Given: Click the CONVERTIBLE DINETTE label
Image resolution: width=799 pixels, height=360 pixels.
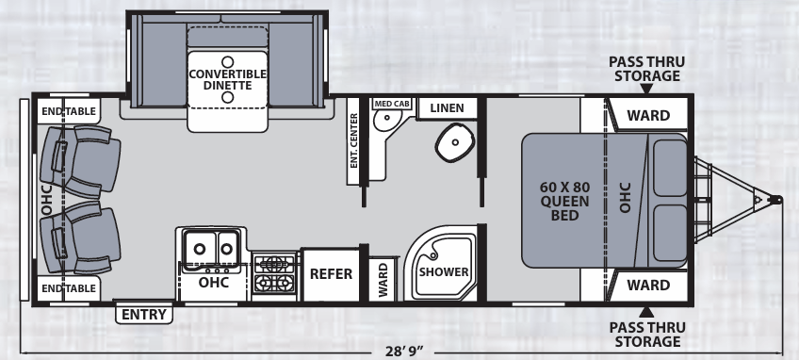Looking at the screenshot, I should tap(226, 79).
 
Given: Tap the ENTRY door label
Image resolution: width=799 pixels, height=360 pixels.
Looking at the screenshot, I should tap(144, 315).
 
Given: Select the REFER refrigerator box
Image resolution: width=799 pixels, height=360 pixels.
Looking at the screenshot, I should tap(331, 274).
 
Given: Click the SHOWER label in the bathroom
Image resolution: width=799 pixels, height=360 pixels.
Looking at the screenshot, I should tap(444, 272).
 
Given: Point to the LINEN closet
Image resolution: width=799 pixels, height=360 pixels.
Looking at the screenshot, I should tap(447, 107).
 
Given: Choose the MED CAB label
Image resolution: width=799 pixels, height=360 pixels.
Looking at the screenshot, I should tap(391, 105).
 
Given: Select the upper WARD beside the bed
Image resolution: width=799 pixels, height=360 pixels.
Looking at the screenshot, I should tap(648, 116).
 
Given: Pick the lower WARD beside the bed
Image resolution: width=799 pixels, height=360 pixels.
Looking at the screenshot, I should tap(648, 285).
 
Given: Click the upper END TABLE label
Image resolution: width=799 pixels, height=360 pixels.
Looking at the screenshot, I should tap(69, 112).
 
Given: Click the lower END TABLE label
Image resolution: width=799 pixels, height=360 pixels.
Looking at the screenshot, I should tap(69, 287).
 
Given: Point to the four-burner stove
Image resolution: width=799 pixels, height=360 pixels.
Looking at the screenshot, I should tap(274, 272).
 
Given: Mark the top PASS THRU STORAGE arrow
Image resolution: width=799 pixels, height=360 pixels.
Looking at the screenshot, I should tap(646, 90).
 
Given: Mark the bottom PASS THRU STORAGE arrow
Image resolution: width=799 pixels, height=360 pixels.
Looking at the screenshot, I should tap(646, 311).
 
